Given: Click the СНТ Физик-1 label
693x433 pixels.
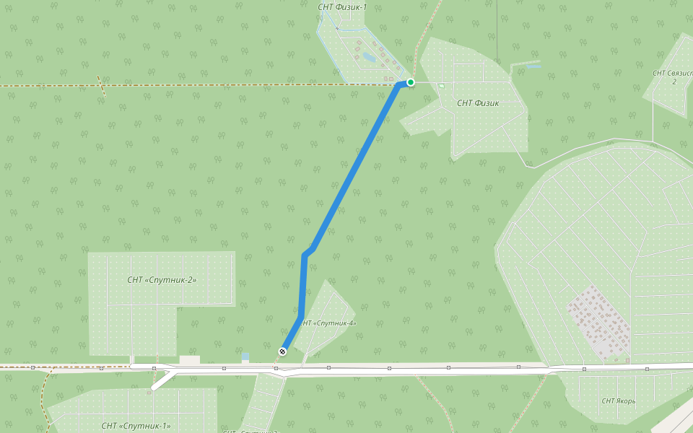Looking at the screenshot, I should pyautogui.click(x=342, y=7).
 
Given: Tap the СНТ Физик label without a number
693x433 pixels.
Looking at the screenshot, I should pyautogui.click(x=478, y=103).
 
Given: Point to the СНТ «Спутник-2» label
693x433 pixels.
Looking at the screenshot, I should pyautogui.click(x=162, y=280).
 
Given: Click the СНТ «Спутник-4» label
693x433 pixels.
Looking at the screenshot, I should pyautogui.click(x=328, y=323).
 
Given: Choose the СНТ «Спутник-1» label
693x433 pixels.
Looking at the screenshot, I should pyautogui.click(x=136, y=426).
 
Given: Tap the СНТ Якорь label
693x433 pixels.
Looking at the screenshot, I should pyautogui.click(x=619, y=401).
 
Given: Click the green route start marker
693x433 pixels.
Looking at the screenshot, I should pyautogui.click(x=410, y=82).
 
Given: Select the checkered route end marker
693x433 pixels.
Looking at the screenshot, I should pyautogui.click(x=282, y=351).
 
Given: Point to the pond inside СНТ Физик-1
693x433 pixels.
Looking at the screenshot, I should pyautogui.click(x=369, y=56).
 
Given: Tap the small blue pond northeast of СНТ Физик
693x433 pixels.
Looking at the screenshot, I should pyautogui.click(x=533, y=66).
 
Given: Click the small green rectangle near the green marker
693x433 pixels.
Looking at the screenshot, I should pyautogui.click(x=442, y=86).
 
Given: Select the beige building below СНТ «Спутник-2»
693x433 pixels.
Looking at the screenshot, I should pyautogui.click(x=190, y=359).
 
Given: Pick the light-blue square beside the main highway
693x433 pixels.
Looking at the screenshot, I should pyautogui.click(x=245, y=357).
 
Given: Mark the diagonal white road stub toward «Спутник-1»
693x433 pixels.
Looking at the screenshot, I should pyautogui.click(x=162, y=380).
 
